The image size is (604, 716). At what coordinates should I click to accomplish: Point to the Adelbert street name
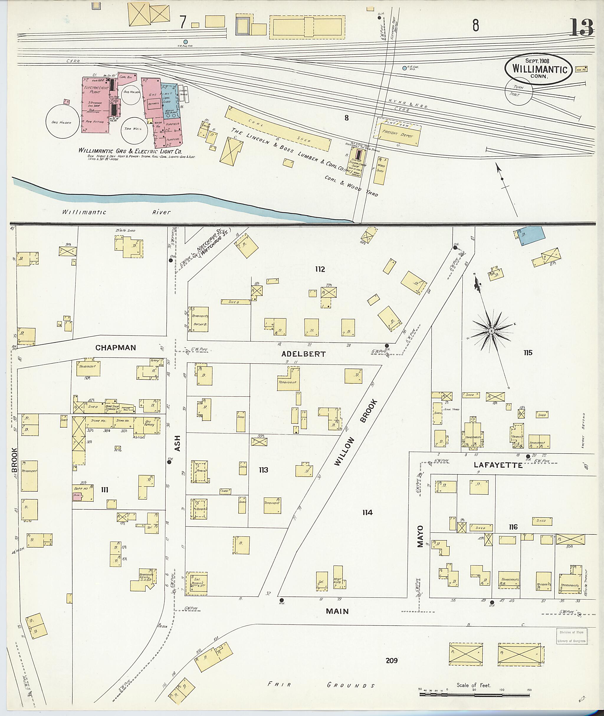click(303, 354)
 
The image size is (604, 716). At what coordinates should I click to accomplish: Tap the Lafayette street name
click(498, 465)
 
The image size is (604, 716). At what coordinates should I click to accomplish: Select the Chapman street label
click(115, 348)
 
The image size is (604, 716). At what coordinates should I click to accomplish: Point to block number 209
click(391, 660)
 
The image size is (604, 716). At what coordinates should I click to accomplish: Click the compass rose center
click(491, 331)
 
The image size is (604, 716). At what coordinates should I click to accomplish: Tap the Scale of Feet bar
click(474, 695)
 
